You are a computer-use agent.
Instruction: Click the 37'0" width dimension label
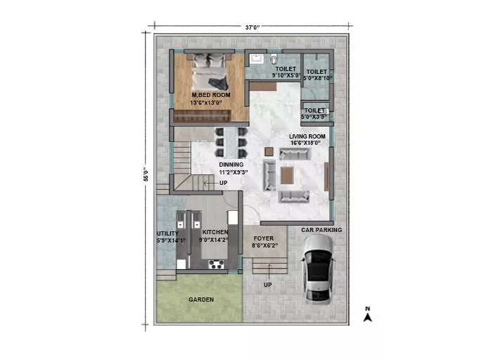coord(252,27)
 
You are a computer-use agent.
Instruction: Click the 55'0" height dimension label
coord(146,174)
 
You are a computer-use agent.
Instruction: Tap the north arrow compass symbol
coord(368,314)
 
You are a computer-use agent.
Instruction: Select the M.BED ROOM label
coord(211,95)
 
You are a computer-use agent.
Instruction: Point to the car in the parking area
coord(317,269)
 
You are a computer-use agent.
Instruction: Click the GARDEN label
coord(201,300)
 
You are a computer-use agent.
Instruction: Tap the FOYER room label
coord(264,238)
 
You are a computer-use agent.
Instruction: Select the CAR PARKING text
coord(321,230)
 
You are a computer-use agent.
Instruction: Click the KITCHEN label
coord(215,232)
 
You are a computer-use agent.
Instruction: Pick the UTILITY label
coord(167,233)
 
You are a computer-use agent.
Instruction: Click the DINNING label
coord(231,165)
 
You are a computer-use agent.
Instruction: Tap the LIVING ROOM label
coord(307,136)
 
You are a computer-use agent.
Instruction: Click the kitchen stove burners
coord(216,264)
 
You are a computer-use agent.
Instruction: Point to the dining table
coord(231,142)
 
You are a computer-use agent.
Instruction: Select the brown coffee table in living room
coord(287,175)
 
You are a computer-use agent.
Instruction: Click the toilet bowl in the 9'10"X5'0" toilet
coord(274,59)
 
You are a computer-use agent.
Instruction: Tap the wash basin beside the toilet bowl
coord(257,59)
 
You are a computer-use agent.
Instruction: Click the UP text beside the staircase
coord(224,183)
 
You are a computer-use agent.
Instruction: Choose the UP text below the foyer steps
coord(267,285)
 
